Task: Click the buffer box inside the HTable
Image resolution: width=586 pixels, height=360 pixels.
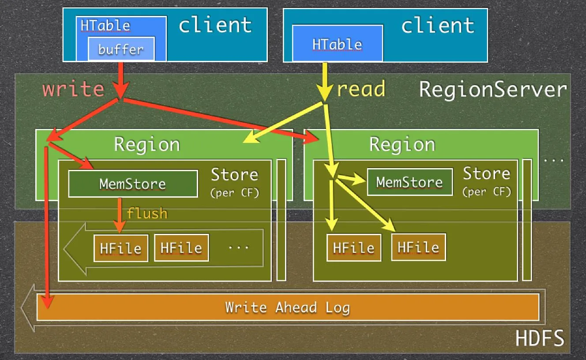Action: click(x=121, y=49)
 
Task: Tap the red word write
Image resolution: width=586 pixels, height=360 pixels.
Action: click(x=73, y=89)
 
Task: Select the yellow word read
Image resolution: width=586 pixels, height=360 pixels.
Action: click(x=361, y=89)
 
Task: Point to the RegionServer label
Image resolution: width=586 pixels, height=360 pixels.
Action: click(x=492, y=90)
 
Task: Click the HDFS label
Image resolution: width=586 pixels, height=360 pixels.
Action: click(x=540, y=339)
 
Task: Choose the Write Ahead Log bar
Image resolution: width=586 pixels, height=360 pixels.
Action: click(x=288, y=307)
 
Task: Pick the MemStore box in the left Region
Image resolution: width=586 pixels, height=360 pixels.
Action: click(x=133, y=184)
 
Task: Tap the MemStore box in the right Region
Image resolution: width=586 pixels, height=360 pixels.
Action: click(x=409, y=182)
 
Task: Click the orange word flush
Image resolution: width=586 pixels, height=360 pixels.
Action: click(x=147, y=214)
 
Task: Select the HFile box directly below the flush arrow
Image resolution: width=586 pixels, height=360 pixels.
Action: click(x=120, y=248)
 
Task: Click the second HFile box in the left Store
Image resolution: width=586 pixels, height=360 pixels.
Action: click(x=181, y=248)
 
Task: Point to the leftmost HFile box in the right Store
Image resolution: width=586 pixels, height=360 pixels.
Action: click(x=354, y=248)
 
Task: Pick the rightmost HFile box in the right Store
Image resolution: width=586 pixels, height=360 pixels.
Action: click(x=418, y=247)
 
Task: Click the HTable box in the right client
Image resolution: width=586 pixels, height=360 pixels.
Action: click(x=337, y=44)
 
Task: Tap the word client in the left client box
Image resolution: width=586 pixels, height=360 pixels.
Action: click(x=215, y=25)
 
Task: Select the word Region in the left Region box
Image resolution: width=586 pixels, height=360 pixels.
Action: click(x=147, y=144)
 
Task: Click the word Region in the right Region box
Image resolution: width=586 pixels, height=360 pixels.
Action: click(x=402, y=144)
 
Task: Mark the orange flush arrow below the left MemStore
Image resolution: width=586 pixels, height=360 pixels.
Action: click(x=120, y=214)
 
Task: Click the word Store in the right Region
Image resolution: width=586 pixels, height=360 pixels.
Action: click(x=486, y=174)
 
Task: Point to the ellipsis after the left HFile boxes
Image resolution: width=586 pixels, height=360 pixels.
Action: click(x=239, y=247)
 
